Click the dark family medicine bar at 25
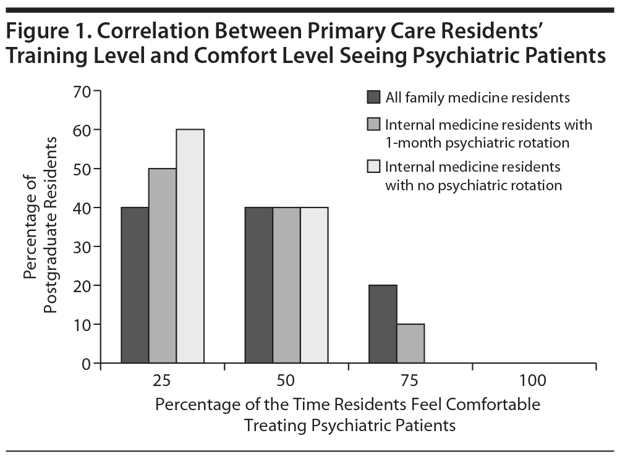coord(135,285)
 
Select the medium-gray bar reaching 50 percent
coord(163,266)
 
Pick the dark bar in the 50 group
coord(258,285)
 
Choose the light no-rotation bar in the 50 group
coord(314,285)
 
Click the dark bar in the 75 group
coord(383,324)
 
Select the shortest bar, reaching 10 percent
coord(410,343)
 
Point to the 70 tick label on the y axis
coord(82,91)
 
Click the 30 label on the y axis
coord(82,247)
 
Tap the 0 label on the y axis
coord(86,364)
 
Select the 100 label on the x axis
coord(533,381)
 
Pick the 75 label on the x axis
coord(410,381)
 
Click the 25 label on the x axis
coord(163,381)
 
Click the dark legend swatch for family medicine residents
coord(373,97)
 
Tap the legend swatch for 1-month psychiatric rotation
coord(373,125)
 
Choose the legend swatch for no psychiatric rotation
coord(373,167)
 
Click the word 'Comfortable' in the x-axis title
coord(498,405)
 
